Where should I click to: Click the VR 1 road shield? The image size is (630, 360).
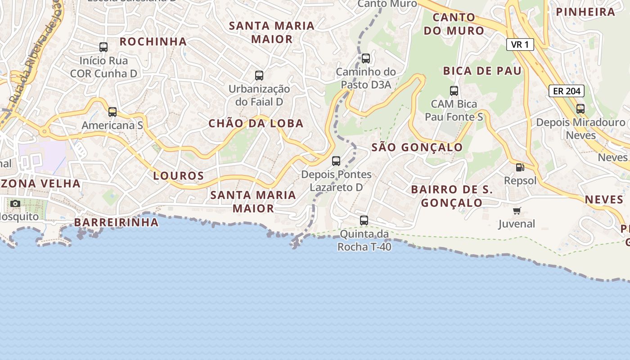coord(520,45)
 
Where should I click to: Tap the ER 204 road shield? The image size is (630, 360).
coord(566,91)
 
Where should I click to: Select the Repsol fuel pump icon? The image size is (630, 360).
coord(520,167)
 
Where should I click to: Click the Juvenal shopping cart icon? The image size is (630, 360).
coord(517,211)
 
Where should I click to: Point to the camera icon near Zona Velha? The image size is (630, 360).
coord(15,203)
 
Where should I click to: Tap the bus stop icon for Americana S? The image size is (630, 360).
coord(112,112)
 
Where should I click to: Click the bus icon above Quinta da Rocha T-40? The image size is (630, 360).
coord(364,220)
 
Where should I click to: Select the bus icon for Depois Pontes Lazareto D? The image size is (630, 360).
coord(336,161)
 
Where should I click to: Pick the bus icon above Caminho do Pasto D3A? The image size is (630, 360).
coord(366,58)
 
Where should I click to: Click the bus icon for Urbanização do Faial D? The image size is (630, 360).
coord(259,75)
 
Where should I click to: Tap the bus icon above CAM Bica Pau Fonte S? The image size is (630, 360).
coord(454,90)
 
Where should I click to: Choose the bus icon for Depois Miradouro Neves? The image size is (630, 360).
coord(580,108)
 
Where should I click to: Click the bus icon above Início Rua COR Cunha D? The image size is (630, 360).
coord(103,47)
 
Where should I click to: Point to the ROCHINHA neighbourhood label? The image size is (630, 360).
coord(153,41)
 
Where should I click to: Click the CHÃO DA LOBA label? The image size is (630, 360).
coord(256,123)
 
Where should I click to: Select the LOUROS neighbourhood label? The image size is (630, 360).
coord(179,175)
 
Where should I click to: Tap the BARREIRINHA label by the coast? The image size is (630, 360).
coord(117,222)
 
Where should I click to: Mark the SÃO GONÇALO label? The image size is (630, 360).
coord(417,147)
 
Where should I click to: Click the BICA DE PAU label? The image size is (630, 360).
coord(482,71)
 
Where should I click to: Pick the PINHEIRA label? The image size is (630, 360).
coord(585,12)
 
